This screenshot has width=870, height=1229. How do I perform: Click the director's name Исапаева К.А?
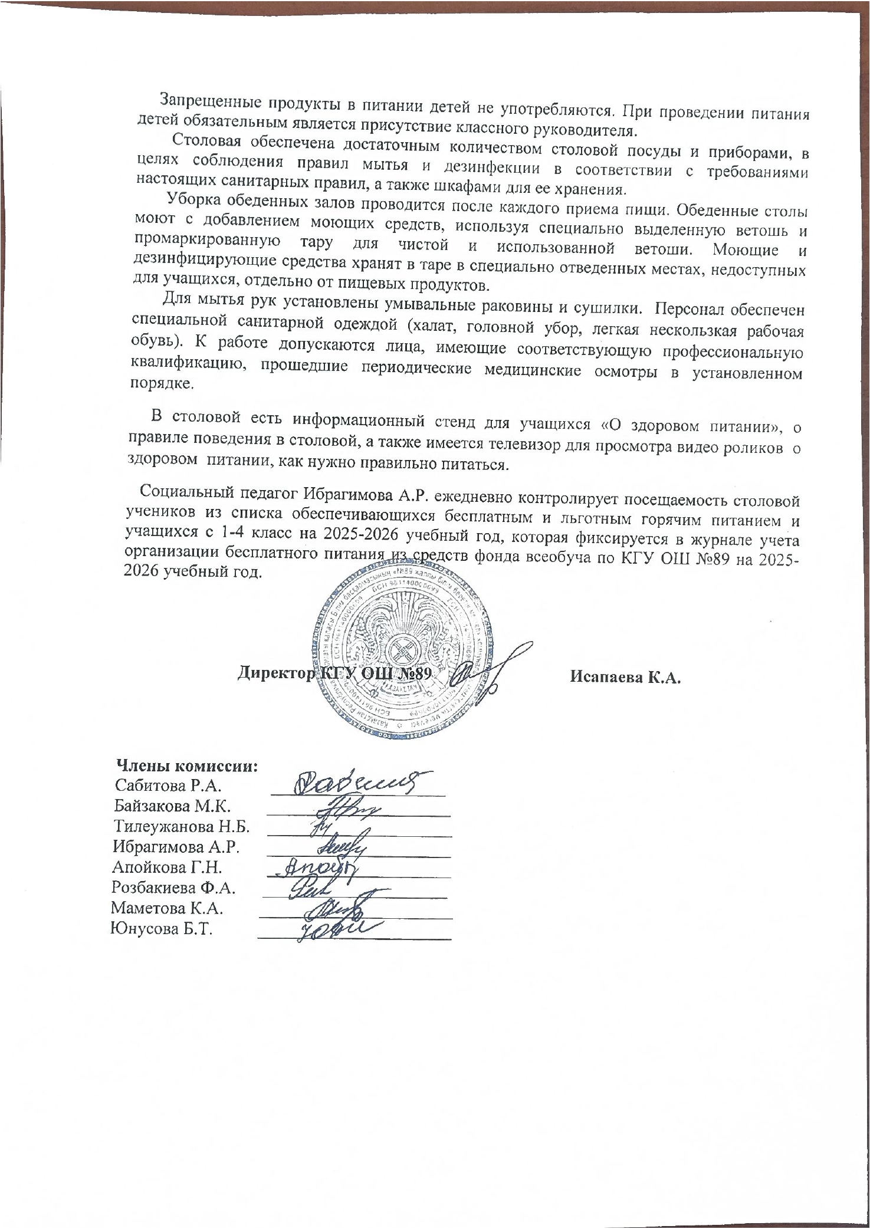626,677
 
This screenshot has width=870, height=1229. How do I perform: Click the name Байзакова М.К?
172,806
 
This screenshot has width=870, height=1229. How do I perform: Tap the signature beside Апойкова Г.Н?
319,867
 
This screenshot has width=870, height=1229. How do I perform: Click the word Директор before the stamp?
274,673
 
